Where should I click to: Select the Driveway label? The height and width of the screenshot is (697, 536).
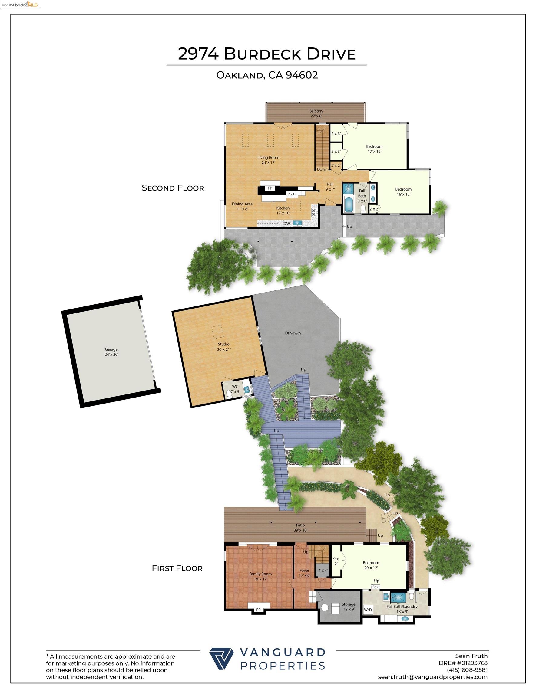tap(293, 333)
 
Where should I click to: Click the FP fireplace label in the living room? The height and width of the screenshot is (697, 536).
tap(270, 188)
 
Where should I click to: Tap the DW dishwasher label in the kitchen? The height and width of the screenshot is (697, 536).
tap(286, 224)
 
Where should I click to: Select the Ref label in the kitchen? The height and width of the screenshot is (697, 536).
tap(291, 195)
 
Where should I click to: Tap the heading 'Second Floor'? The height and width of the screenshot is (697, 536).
tap(173, 188)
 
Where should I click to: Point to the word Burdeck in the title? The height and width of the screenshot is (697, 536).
tap(263, 54)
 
